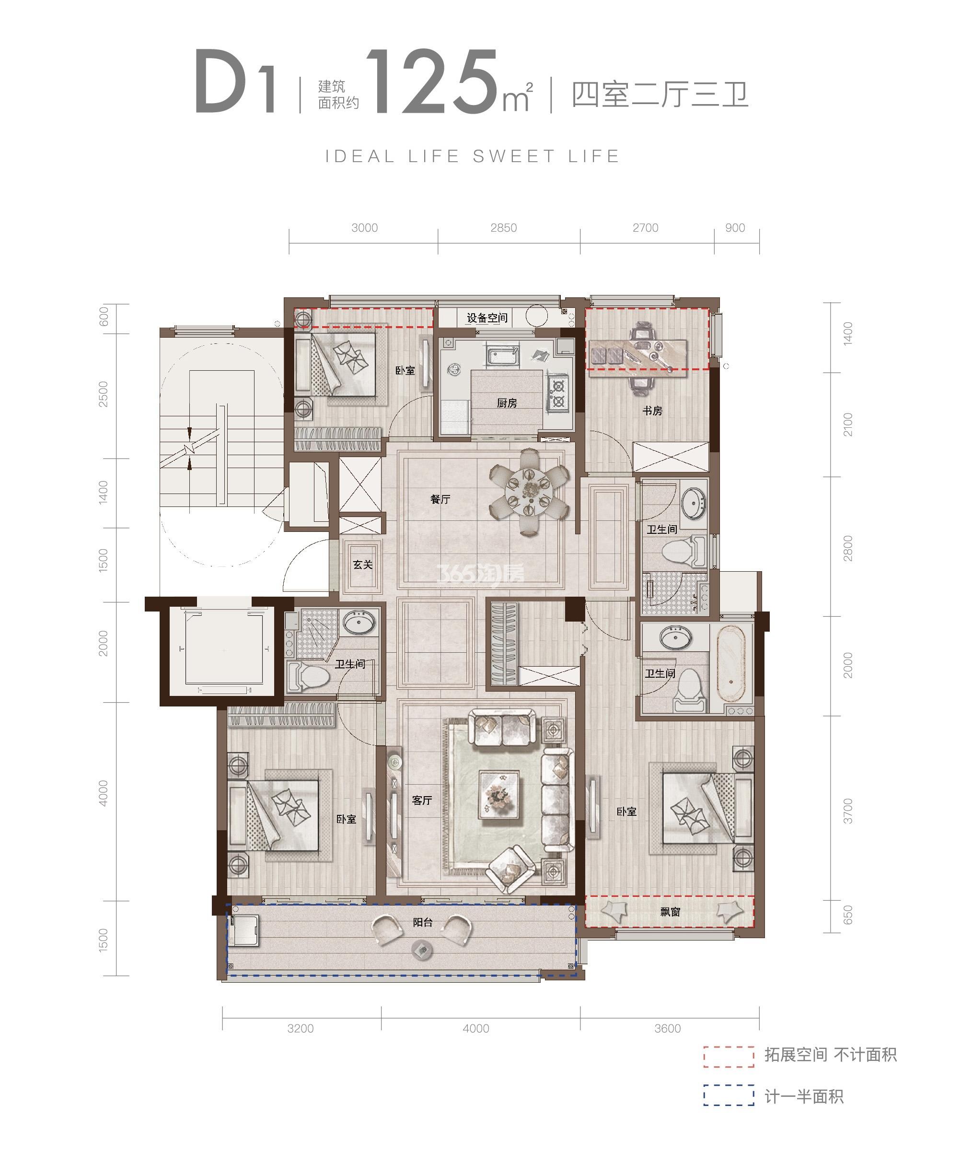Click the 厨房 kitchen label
(507, 403)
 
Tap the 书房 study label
(652, 411)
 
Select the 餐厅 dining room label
(440, 499)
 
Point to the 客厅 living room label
(422, 800)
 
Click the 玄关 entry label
(363, 565)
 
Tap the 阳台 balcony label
(423, 922)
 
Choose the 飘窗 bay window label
(670, 912)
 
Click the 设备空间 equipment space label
(487, 318)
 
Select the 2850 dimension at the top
(504, 228)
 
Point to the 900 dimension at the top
(735, 228)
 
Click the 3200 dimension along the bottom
(301, 1028)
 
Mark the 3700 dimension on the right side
(848, 811)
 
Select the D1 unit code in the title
(235, 82)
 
